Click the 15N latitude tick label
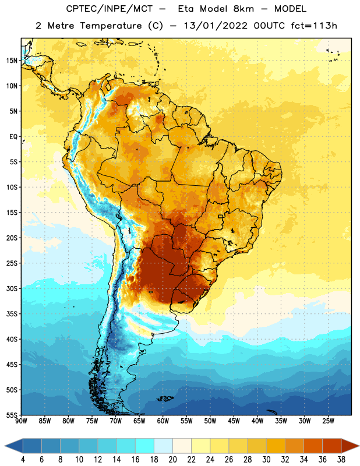pyautogui.click(x=12, y=61)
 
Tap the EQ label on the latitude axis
pyautogui.click(x=13, y=137)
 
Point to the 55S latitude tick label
pyautogui.click(x=12, y=415)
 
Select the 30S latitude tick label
pyautogui.click(x=12, y=288)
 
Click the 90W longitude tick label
pyautogui.click(x=21, y=421)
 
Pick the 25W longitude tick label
pyautogui.click(x=328, y=421)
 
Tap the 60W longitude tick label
pyautogui.click(x=163, y=421)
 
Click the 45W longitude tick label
pyautogui.click(x=234, y=421)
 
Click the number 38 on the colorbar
pyautogui.click(x=341, y=460)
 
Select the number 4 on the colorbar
pyautogui.click(x=23, y=460)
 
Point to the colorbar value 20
pyautogui.click(x=172, y=460)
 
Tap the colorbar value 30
pyautogui.click(x=266, y=460)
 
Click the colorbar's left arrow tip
pyautogui.click(x=5, y=446)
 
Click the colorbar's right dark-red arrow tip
pyautogui.click(x=359, y=446)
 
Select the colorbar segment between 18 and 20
pyautogui.click(x=163, y=446)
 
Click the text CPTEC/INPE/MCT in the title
pyautogui.click(x=109, y=9)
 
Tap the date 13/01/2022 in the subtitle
pyautogui.click(x=216, y=26)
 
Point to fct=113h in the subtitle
pyautogui.click(x=314, y=26)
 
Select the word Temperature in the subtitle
pyautogui.click(x=111, y=26)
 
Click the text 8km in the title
pyautogui.click(x=243, y=9)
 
